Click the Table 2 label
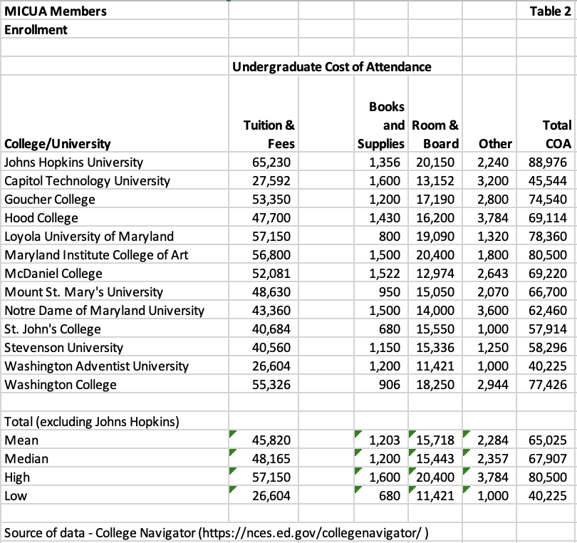(x=551, y=11)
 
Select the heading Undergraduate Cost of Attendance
(x=331, y=67)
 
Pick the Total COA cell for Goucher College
(x=547, y=200)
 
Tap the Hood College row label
(x=41, y=218)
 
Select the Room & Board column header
(x=435, y=134)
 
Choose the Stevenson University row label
(x=63, y=348)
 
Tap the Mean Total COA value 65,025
(x=547, y=440)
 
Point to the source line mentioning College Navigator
(x=221, y=533)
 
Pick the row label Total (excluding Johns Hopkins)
(x=91, y=422)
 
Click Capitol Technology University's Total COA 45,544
(x=547, y=181)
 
